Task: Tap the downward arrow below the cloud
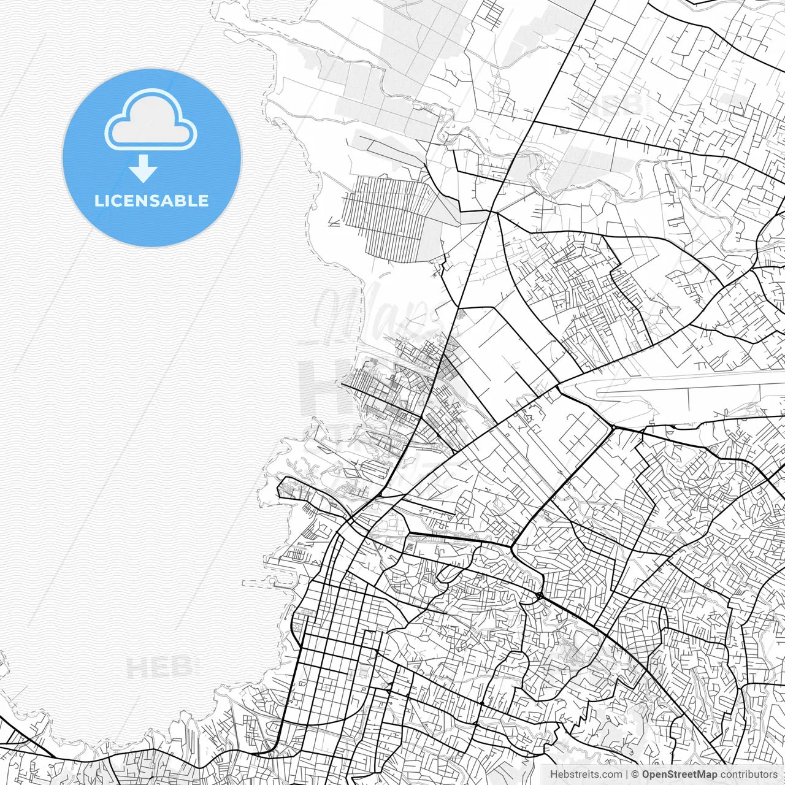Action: (144, 169)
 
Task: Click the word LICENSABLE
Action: (151, 201)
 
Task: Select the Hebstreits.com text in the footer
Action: (586, 775)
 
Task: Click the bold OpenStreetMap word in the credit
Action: (680, 775)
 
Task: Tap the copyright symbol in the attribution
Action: (635, 775)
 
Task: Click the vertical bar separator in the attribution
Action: (627, 775)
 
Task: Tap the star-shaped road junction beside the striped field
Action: (491, 212)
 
